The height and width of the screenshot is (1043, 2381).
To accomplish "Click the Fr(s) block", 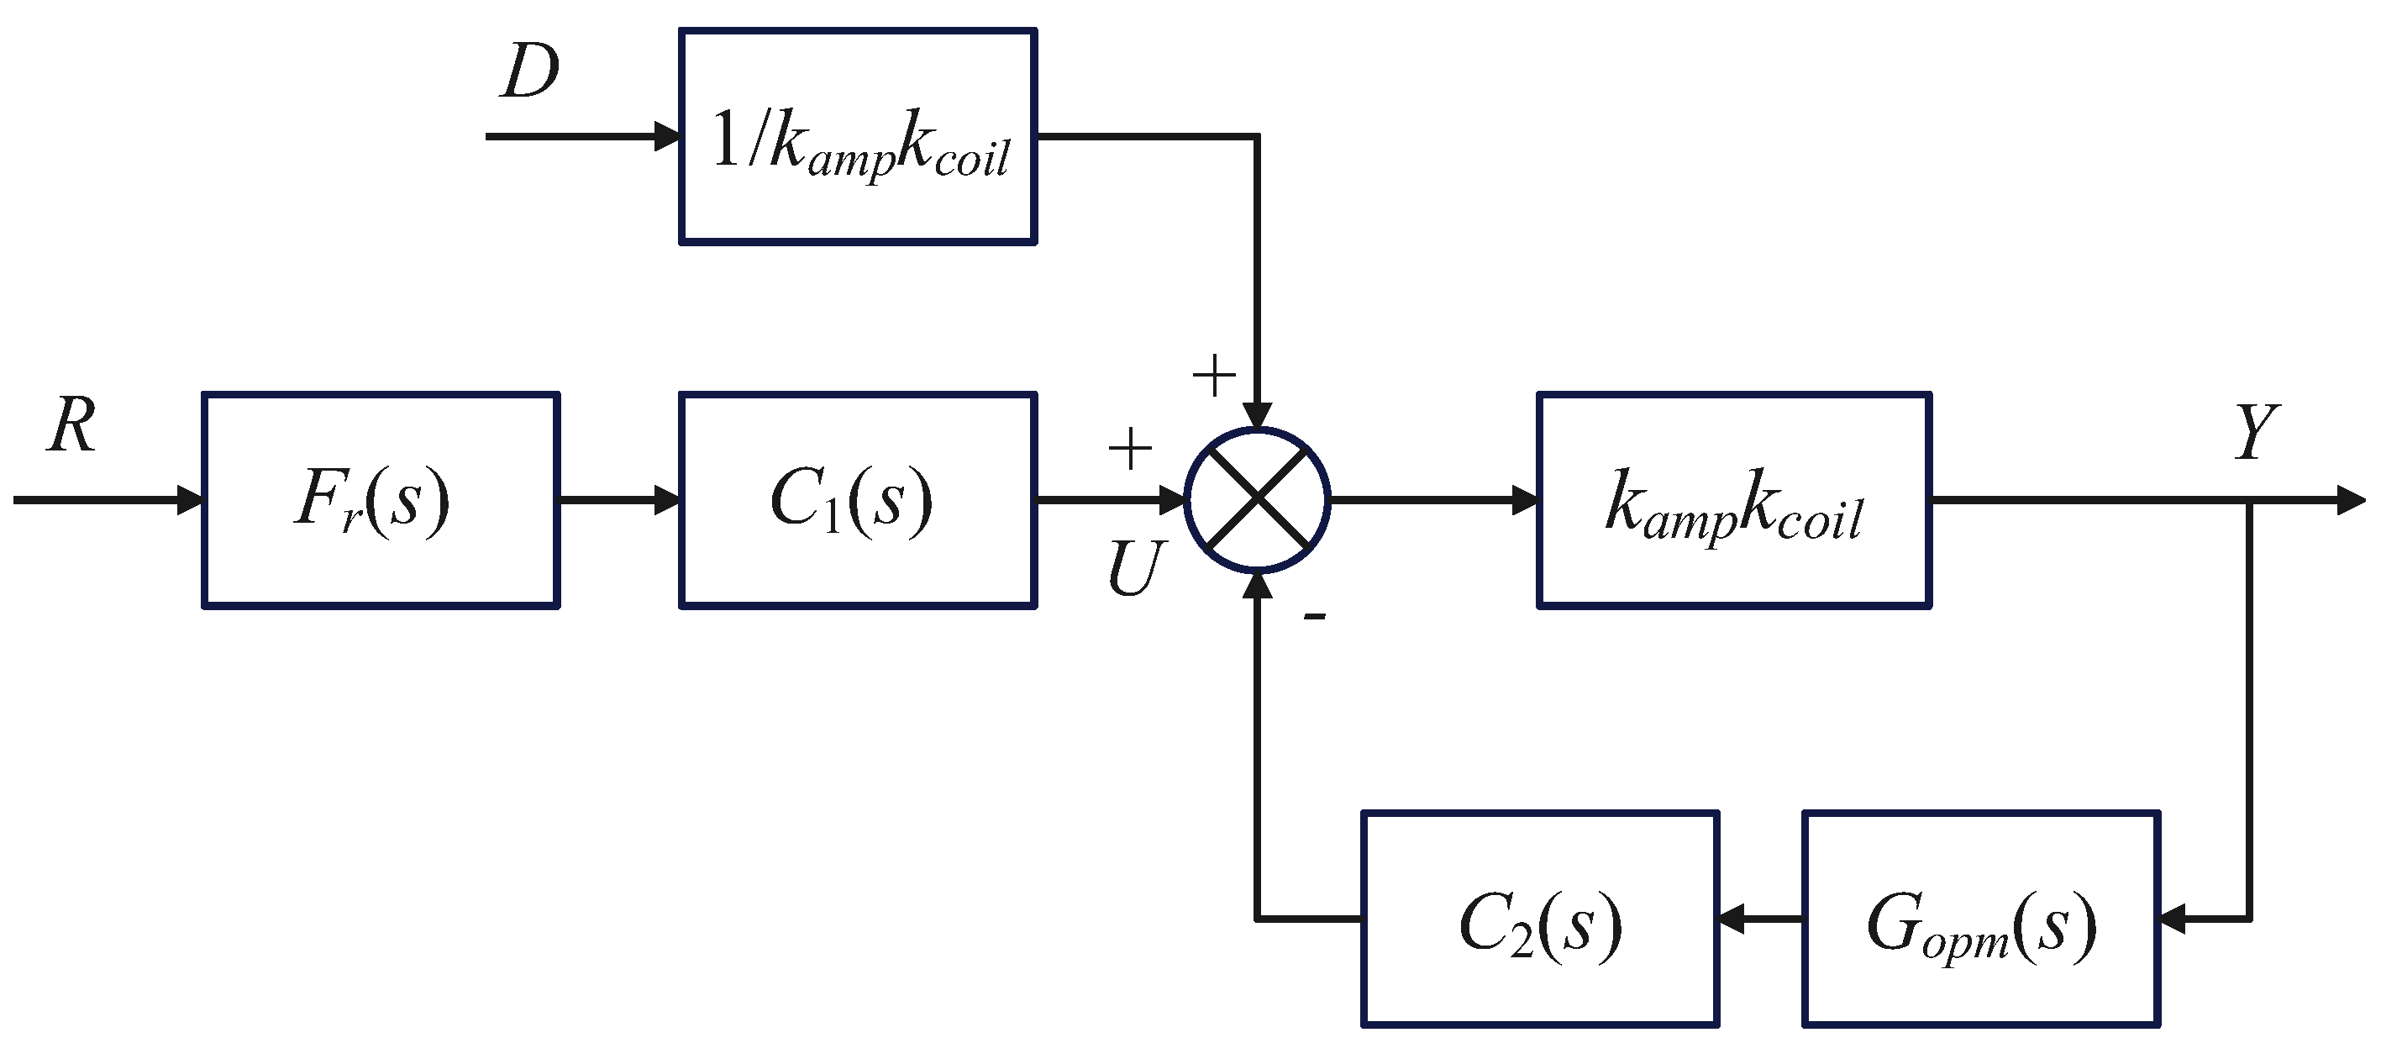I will click(380, 500).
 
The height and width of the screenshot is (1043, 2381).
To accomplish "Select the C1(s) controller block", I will click(857, 500).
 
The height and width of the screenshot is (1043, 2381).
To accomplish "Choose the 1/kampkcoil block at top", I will click(857, 137).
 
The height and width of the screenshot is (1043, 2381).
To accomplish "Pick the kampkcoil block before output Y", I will click(1733, 500).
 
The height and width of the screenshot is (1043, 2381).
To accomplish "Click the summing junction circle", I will click(1257, 500).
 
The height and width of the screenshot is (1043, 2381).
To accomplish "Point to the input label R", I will click(72, 426).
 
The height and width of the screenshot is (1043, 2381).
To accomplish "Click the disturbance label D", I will click(529, 72).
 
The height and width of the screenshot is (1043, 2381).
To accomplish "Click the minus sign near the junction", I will click(1314, 617).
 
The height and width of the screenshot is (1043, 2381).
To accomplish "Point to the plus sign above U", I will click(1129, 450).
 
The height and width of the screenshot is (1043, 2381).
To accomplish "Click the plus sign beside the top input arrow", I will click(1214, 377).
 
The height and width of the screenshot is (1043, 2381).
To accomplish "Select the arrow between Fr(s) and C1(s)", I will click(619, 500).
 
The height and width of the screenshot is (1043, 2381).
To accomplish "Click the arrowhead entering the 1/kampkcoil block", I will click(666, 137).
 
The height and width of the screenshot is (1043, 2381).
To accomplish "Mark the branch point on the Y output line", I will click(2249, 500).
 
